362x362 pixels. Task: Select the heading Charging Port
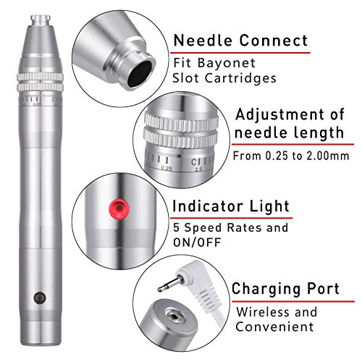(x=285, y=289)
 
